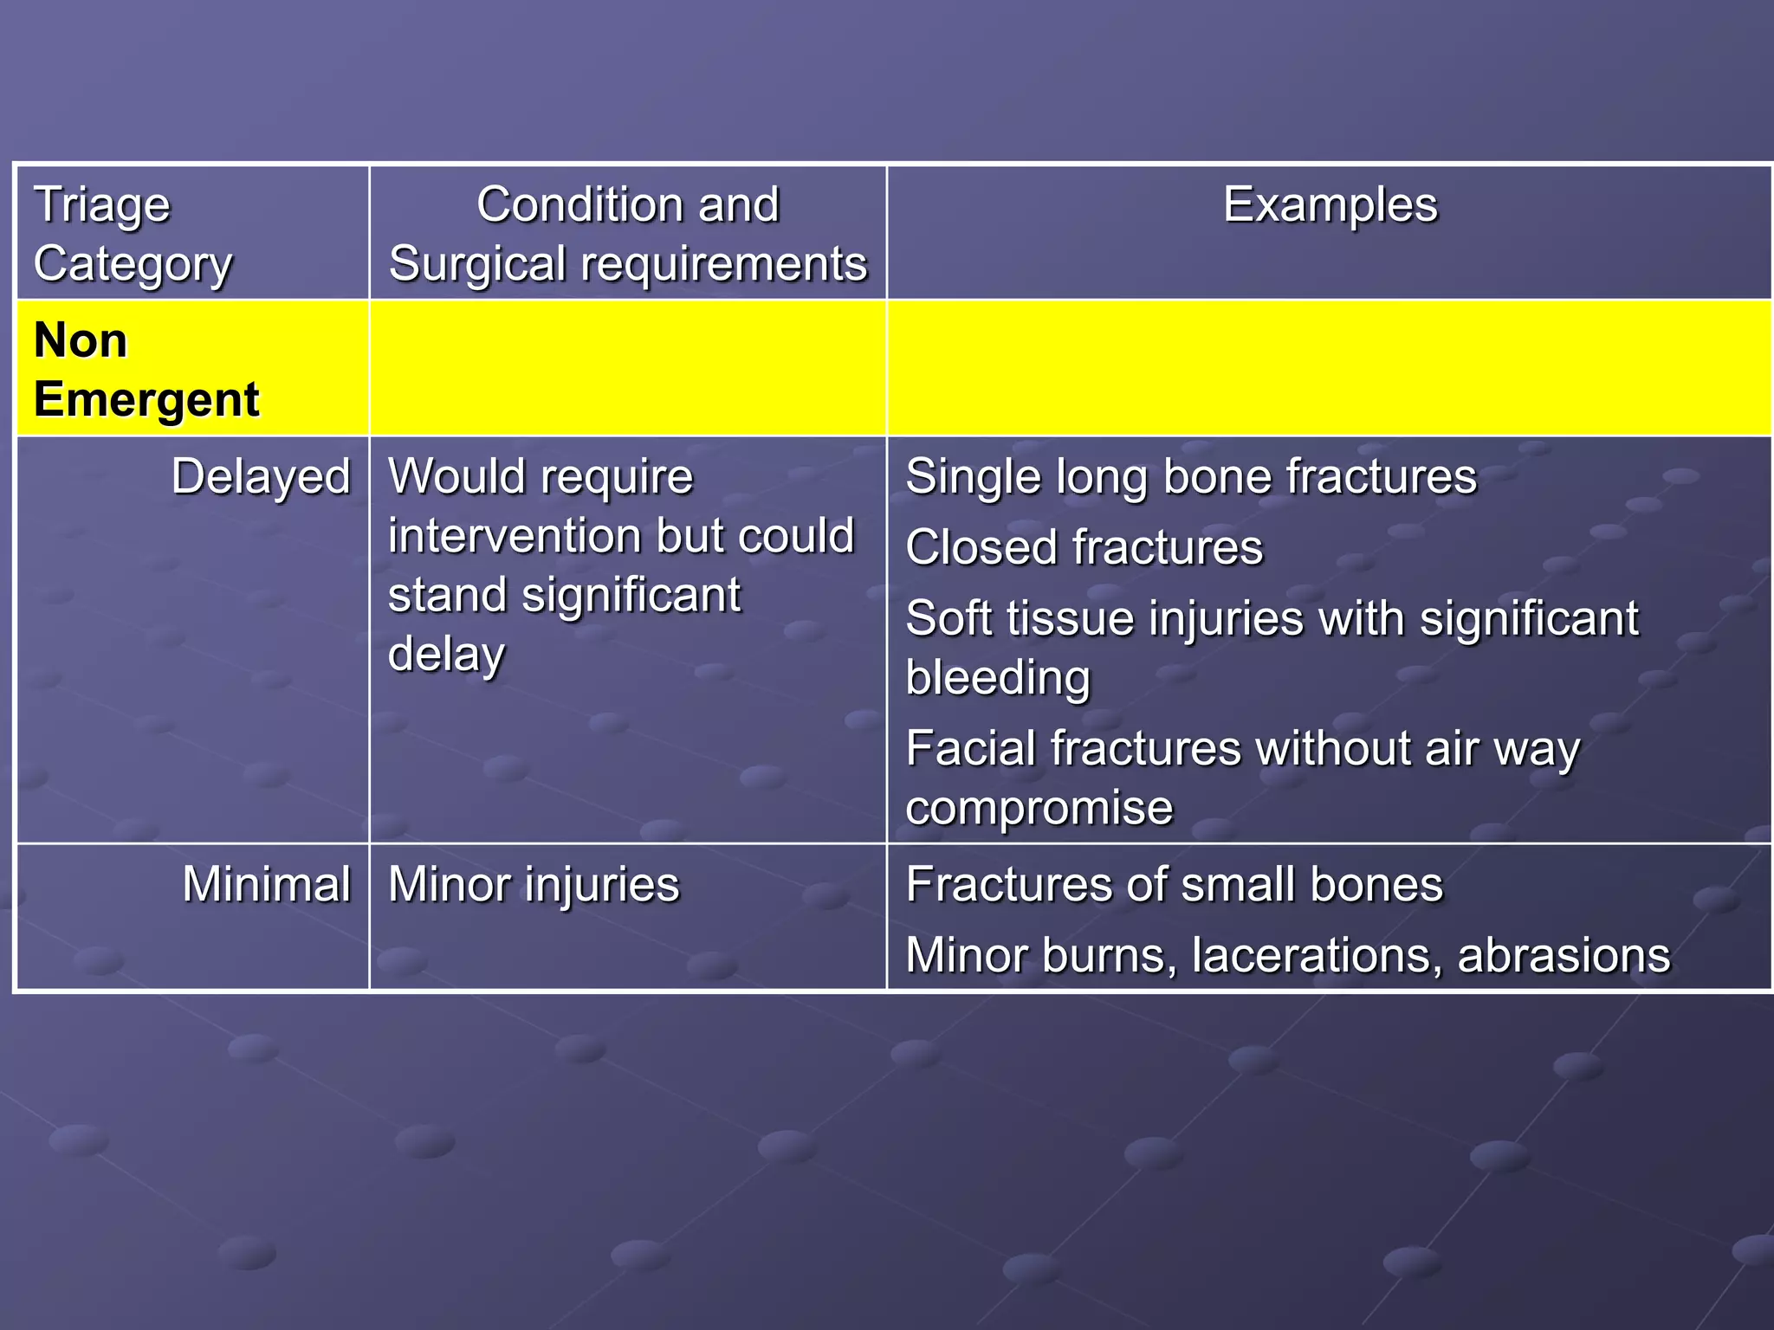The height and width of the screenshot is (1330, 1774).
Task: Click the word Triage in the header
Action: pyautogui.click(x=102, y=206)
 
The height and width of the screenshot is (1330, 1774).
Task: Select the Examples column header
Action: pyautogui.click(x=1330, y=205)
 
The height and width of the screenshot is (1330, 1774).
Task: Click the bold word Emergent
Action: pyautogui.click(x=146, y=399)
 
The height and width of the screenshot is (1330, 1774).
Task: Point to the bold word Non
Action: pyautogui.click(x=81, y=340)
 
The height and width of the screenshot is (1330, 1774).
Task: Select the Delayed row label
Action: pyautogui.click(x=261, y=477)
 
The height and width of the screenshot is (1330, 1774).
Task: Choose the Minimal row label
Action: pyautogui.click(x=266, y=884)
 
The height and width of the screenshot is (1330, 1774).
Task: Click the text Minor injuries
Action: pyautogui.click(x=534, y=885)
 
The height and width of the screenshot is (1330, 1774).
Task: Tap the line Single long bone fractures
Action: pyautogui.click(x=1190, y=477)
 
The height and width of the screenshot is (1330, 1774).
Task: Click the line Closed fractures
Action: pyautogui.click(x=1084, y=548)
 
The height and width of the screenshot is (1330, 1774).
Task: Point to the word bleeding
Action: pyautogui.click(x=997, y=677)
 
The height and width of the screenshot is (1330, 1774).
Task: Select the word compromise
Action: pyautogui.click(x=1039, y=808)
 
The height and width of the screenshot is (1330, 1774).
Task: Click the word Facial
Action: pyautogui.click(x=969, y=748)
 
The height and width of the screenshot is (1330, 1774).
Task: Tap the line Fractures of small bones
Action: pyautogui.click(x=1174, y=885)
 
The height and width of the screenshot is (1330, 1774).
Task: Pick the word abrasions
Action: pyautogui.click(x=1563, y=955)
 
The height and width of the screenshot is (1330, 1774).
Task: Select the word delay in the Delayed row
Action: pyautogui.click(x=446, y=655)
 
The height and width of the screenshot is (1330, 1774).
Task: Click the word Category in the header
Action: pyautogui.click(x=133, y=265)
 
